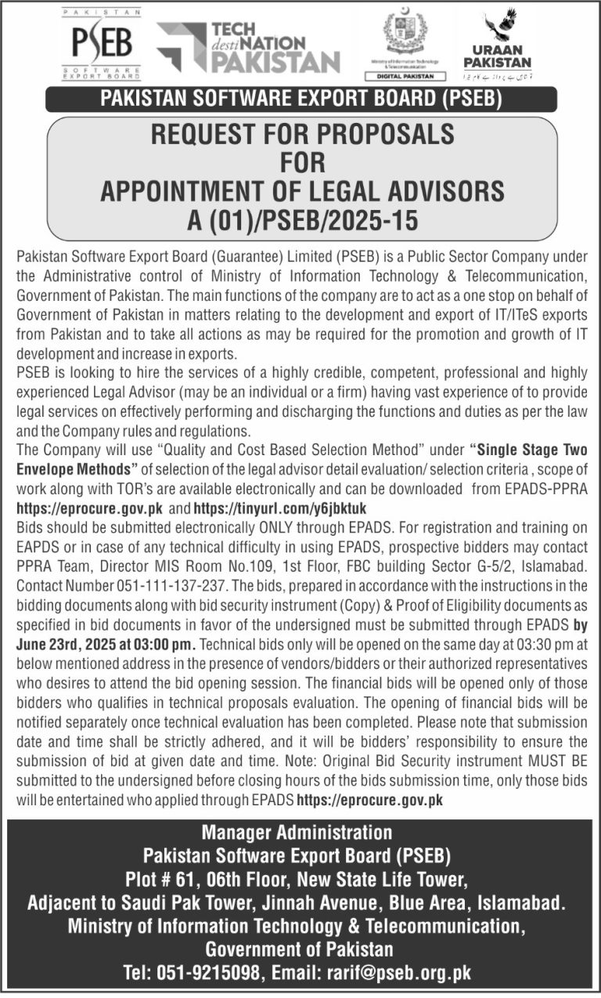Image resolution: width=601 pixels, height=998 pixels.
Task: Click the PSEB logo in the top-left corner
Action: pyautogui.click(x=101, y=45)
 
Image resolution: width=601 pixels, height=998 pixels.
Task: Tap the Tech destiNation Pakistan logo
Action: pyautogui.click(x=249, y=47)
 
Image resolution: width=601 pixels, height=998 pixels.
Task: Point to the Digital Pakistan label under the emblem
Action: pyautogui.click(x=405, y=76)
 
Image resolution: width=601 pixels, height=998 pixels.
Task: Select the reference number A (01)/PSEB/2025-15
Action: pyautogui.click(x=301, y=220)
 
